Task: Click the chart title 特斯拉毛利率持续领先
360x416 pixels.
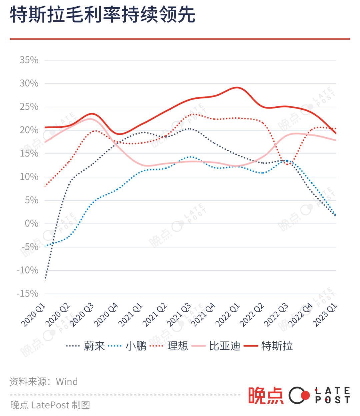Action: pyautogui.click(x=102, y=15)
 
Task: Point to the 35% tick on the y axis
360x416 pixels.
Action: pyautogui.click(x=29, y=60)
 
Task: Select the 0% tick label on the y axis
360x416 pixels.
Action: pyautogui.click(x=32, y=224)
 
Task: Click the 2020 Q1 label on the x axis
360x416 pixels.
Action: pyautogui.click(x=33, y=315)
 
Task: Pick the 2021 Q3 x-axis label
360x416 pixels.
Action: pyautogui.click(x=179, y=315)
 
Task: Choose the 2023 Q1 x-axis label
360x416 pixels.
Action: pyautogui.click(x=325, y=315)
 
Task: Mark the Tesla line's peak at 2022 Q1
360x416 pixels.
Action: pyautogui.click(x=237, y=88)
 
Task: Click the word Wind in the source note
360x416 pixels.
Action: pyautogui.click(x=67, y=382)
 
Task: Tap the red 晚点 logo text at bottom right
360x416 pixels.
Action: pyautogui.click(x=265, y=396)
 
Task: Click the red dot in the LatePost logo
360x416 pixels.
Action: pyautogui.click(x=305, y=395)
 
